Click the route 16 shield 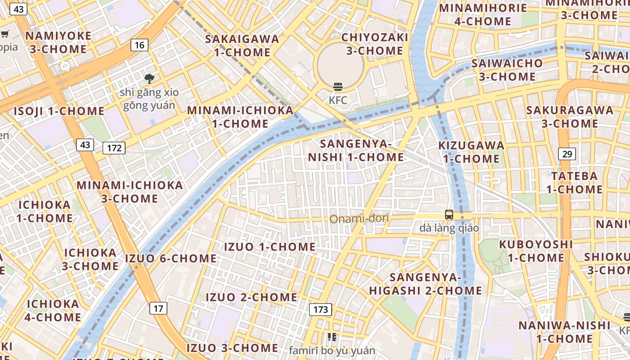pyautogui.click(x=139, y=45)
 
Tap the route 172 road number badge pyautogui.click(x=114, y=148)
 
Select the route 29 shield pyautogui.click(x=567, y=154)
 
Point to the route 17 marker pyautogui.click(x=158, y=308)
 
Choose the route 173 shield pyautogui.click(x=320, y=310)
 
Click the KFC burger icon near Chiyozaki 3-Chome pyautogui.click(x=338, y=87)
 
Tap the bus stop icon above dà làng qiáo pyautogui.click(x=449, y=215)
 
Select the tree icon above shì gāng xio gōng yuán pyautogui.click(x=149, y=79)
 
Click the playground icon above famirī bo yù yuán pyautogui.click(x=332, y=337)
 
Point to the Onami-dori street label pyautogui.click(x=359, y=219)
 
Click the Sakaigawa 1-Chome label pyautogui.click(x=242, y=45)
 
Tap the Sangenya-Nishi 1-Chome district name pyautogui.click(x=355, y=151)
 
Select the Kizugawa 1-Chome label pyautogui.click(x=471, y=152)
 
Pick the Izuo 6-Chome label pyautogui.click(x=171, y=258)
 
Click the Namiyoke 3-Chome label pyautogui.click(x=58, y=42)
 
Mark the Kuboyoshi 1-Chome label pyautogui.click(x=535, y=251)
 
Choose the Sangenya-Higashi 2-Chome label pyautogui.click(x=425, y=284)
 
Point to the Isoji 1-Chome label pyautogui.click(x=59, y=111)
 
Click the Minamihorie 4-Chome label pyautogui.click(x=483, y=14)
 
